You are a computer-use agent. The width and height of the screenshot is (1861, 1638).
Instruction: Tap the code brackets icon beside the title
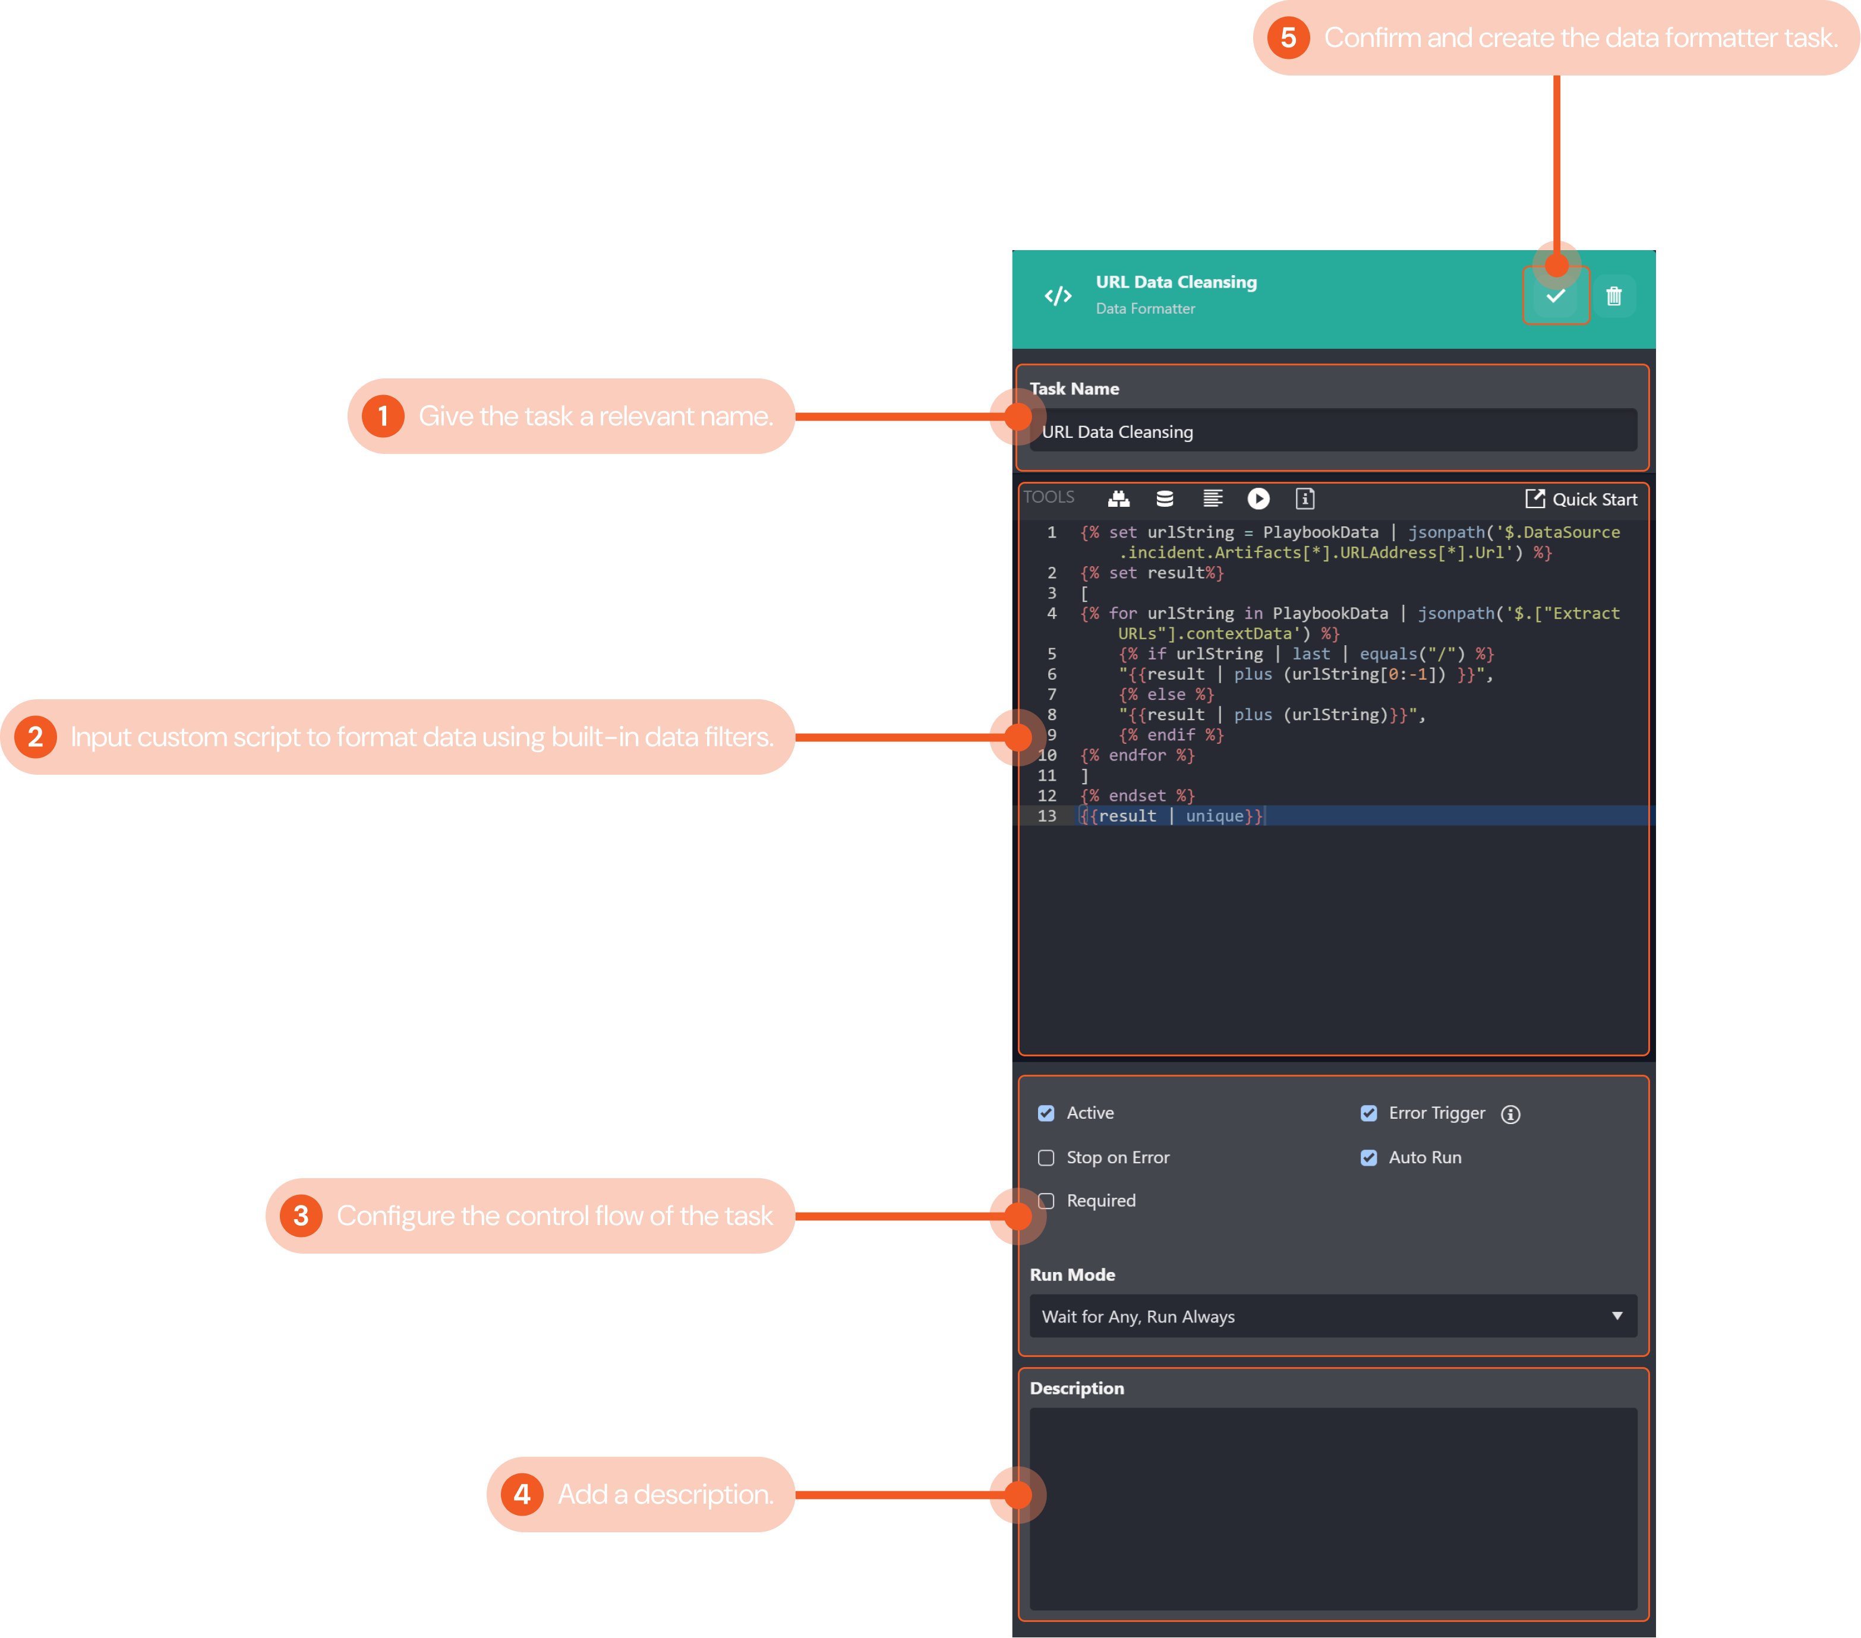tap(1058, 296)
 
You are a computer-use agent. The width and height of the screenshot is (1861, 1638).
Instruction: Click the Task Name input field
tap(1333, 431)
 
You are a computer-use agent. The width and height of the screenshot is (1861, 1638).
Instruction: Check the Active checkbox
tap(1046, 1113)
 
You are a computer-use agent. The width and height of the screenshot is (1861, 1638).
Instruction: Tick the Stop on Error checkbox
tap(1046, 1158)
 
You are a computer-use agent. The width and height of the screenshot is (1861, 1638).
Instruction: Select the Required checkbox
tap(1047, 1201)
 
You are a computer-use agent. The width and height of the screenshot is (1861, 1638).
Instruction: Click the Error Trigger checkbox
tap(1368, 1113)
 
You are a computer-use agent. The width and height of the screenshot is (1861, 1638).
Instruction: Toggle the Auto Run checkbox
tap(1368, 1158)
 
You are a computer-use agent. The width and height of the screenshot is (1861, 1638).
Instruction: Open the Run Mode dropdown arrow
tap(1617, 1315)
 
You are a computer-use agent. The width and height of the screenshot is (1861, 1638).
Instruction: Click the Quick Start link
tap(1582, 499)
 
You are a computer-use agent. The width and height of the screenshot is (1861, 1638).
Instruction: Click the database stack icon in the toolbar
tap(1165, 499)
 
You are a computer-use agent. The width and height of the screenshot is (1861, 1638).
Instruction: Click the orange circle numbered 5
tap(1288, 38)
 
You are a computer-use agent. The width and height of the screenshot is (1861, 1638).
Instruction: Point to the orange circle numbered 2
tap(36, 737)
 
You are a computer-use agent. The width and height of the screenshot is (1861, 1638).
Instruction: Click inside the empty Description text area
tap(1333, 1508)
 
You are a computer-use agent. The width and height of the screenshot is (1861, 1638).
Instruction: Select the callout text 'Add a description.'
tap(665, 1494)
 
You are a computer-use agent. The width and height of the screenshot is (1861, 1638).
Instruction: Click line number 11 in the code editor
tap(1047, 776)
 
